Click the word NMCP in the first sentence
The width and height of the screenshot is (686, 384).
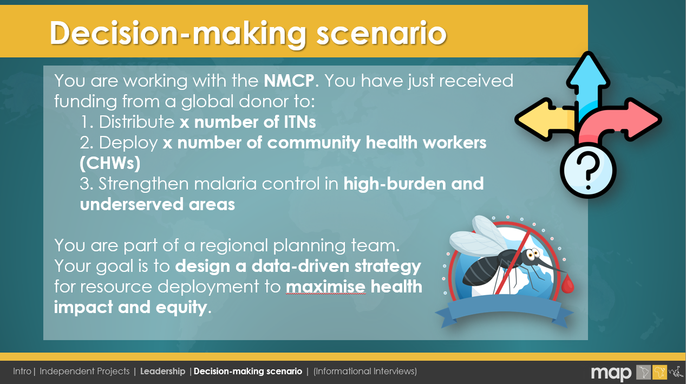[x=289, y=81]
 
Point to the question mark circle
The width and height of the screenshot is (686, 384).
[x=588, y=171]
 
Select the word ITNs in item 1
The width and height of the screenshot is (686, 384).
[x=300, y=122]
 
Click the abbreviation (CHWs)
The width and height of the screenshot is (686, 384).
[x=110, y=163]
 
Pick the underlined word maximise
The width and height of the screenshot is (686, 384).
[x=325, y=287]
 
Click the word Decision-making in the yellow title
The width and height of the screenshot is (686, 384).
[x=178, y=33]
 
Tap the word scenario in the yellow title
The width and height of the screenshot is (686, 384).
[x=382, y=34]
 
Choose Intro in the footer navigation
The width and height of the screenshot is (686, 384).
[x=22, y=371]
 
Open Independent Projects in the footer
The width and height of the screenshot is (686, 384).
[x=84, y=372]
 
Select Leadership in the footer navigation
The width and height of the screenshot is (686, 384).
[x=162, y=372]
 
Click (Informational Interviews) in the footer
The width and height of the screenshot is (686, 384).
[x=365, y=372]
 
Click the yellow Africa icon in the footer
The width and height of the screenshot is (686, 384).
[x=659, y=372]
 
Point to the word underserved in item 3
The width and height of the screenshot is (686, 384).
[x=132, y=204]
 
